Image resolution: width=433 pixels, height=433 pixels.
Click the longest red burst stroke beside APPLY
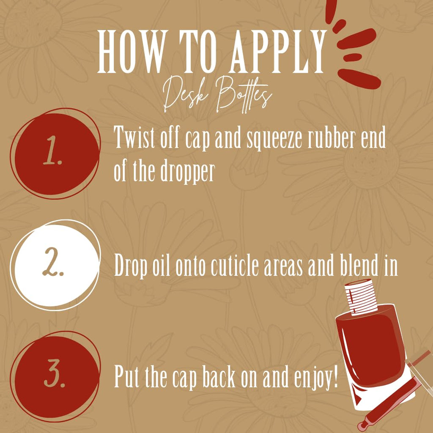[359, 78]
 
